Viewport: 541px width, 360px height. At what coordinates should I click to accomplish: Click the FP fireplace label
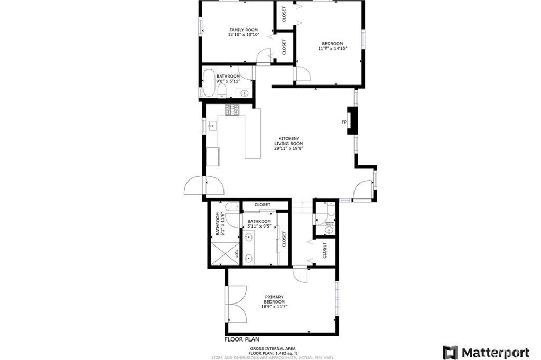(x=344, y=122)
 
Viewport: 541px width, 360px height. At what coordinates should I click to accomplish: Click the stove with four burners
(x=232, y=110)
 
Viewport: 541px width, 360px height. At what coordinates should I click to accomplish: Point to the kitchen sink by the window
(x=213, y=126)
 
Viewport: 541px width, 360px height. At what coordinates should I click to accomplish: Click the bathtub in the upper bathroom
(x=209, y=83)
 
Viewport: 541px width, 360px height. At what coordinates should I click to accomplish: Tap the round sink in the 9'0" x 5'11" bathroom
(x=244, y=93)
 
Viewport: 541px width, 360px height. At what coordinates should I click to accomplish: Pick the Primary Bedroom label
(x=275, y=299)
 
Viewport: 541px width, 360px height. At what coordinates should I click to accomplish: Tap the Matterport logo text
(x=495, y=352)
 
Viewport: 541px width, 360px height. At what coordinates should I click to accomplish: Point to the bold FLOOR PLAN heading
(x=242, y=339)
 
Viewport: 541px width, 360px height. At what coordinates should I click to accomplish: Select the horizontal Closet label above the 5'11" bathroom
(x=263, y=205)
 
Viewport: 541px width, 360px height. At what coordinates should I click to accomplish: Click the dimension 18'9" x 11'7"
(x=275, y=306)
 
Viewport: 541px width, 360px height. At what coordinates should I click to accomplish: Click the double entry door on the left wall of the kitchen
(x=204, y=186)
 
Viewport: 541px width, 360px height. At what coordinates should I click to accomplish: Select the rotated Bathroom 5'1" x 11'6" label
(x=220, y=224)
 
